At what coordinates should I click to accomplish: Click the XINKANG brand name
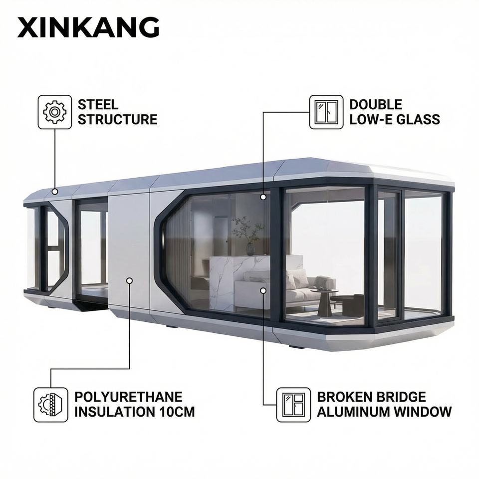(88, 27)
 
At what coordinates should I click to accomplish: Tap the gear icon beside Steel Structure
(55, 112)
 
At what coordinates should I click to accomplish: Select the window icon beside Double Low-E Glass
(326, 112)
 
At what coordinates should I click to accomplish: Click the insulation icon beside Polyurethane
(51, 405)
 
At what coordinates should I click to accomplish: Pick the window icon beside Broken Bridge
(293, 405)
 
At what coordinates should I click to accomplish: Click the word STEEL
(98, 105)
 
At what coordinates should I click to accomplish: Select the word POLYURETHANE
(128, 397)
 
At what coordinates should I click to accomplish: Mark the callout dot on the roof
(54, 191)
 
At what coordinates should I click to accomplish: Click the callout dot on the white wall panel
(129, 281)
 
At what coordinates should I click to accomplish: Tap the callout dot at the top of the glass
(263, 197)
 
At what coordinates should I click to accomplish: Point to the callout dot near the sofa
(263, 289)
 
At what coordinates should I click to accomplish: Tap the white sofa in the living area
(294, 289)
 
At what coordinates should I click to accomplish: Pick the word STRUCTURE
(117, 119)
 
